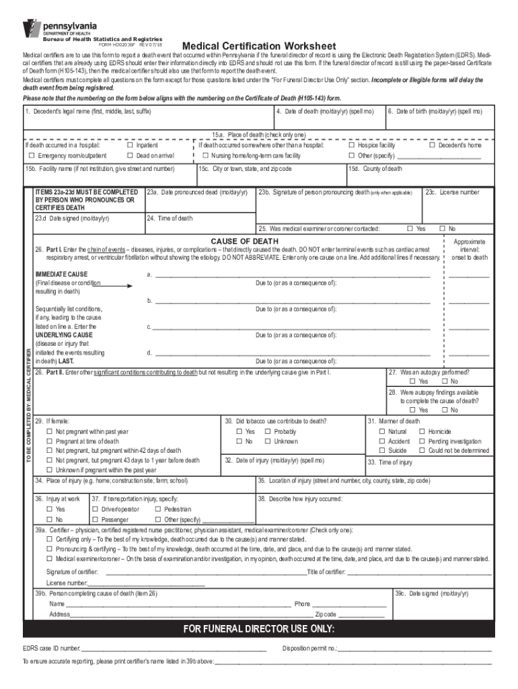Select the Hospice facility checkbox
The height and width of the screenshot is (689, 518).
[x=351, y=145]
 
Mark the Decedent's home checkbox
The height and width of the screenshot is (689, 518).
[x=432, y=145]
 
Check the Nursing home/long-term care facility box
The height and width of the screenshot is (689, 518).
[x=206, y=155]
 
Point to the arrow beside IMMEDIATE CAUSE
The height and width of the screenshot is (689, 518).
[x=115, y=285]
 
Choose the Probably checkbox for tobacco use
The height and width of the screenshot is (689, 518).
[x=268, y=431]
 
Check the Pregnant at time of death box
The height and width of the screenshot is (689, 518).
[x=49, y=441]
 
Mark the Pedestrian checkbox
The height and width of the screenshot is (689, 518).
[x=157, y=509]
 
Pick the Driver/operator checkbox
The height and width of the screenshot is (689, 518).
[x=95, y=509]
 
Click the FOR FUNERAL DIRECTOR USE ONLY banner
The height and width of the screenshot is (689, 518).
[x=259, y=629]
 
